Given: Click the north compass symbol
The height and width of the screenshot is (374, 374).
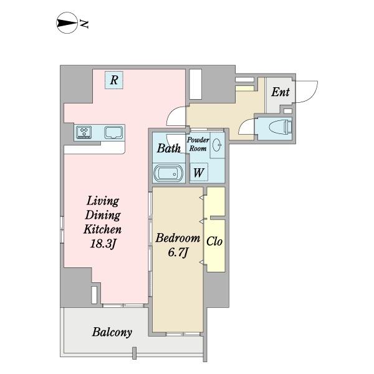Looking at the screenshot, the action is [x=67, y=23].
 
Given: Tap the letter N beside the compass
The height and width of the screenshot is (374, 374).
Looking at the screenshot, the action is [x=84, y=24].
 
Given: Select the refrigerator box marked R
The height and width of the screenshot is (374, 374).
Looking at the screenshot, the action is [x=114, y=80].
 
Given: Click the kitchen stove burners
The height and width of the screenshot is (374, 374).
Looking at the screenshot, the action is [x=84, y=132].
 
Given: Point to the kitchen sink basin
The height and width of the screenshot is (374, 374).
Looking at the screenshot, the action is [x=114, y=132].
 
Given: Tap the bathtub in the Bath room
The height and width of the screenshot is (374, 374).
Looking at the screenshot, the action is [x=168, y=173].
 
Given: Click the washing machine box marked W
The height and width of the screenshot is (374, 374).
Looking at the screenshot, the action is [x=198, y=172].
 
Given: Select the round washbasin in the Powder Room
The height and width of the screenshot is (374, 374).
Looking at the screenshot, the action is [x=217, y=145].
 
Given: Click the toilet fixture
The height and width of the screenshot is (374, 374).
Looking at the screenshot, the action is [x=280, y=127].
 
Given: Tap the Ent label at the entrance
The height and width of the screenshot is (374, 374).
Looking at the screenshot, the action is [x=280, y=92].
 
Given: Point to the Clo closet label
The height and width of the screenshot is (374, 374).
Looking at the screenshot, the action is [x=214, y=241].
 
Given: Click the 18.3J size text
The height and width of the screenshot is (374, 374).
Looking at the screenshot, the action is [x=103, y=244].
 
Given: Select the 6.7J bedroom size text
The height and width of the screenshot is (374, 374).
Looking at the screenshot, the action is [x=178, y=252].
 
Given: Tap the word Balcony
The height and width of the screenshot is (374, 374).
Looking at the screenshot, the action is [x=112, y=332].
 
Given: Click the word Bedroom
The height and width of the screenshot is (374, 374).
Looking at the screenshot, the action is [x=178, y=238].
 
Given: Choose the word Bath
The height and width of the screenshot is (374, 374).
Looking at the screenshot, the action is [x=169, y=148].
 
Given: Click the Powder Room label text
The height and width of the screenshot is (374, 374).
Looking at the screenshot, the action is [x=198, y=145].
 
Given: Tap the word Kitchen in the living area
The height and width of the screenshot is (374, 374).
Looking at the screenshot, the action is [x=103, y=229].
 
